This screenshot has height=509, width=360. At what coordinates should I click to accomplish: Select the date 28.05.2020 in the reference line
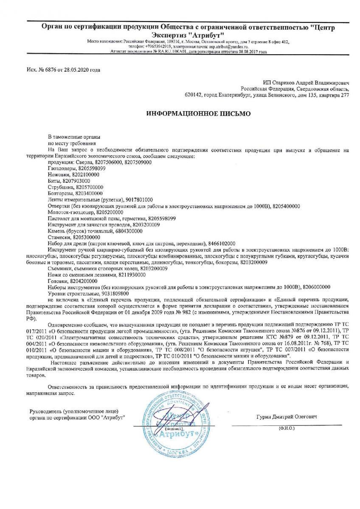coord(73,70)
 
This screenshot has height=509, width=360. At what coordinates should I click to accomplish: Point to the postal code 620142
coord(193,96)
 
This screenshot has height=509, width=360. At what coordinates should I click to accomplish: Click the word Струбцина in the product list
coord(61,187)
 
